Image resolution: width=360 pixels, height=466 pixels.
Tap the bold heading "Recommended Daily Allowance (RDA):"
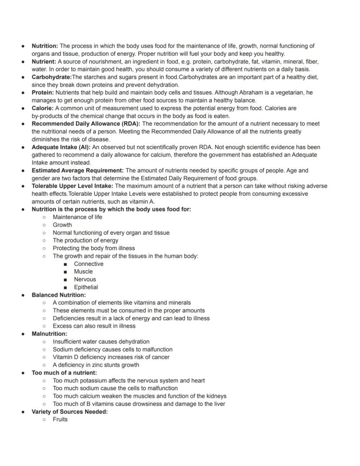pyautogui.click(x=86, y=124)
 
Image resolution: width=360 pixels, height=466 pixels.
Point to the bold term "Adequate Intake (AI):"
pyautogui.click(x=61, y=147)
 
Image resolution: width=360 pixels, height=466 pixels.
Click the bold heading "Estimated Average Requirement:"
pyautogui.click(x=77, y=171)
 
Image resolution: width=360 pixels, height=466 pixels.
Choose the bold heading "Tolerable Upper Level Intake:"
pyautogui.click(x=72, y=186)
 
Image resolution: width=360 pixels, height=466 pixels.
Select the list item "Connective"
pyautogui.click(x=89, y=264)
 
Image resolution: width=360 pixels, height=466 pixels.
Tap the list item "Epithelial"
pyautogui.click(x=86, y=287)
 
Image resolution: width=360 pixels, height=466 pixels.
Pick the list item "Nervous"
pyautogui.click(x=85, y=279)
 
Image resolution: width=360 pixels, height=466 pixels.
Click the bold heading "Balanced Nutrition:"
pyautogui.click(x=59, y=295)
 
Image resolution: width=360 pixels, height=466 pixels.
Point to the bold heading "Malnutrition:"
pyautogui.click(x=49, y=334)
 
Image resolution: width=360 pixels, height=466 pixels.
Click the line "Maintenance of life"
pyautogui.click(x=77, y=217)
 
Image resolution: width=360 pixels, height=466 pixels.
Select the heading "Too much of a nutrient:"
pyautogui.click(x=64, y=372)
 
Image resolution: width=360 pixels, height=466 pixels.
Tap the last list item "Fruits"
pyautogui.click(x=60, y=419)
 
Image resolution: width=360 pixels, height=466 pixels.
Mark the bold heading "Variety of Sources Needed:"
pyautogui.click(x=70, y=412)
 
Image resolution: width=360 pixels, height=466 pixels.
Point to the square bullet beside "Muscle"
pyautogui.click(x=65, y=272)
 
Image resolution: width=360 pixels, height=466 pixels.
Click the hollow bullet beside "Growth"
pyautogui.click(x=44, y=225)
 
